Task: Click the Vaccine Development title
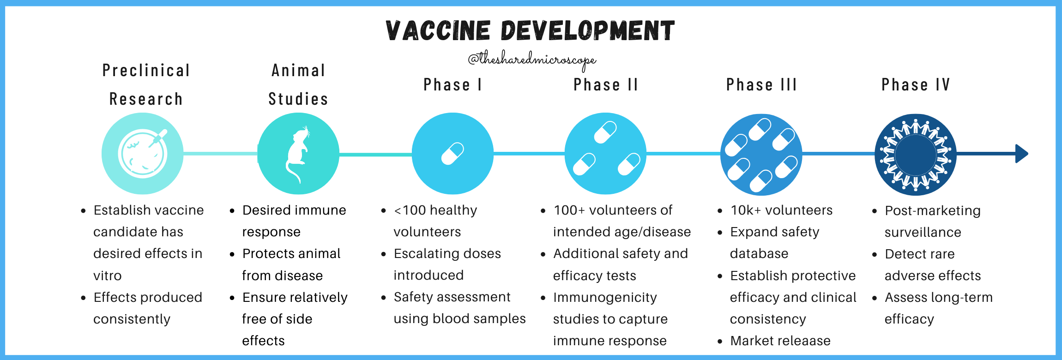[530, 31]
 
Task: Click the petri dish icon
[143, 154]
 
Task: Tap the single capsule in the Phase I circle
[453, 154]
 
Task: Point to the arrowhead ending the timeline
[1021, 154]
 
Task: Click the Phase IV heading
[916, 85]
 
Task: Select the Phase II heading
[606, 85]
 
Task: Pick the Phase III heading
[761, 85]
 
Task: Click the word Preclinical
[146, 71]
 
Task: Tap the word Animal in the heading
[298, 71]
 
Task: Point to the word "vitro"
[108, 276]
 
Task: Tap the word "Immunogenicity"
[605, 298]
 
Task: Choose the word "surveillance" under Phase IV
[923, 232]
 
